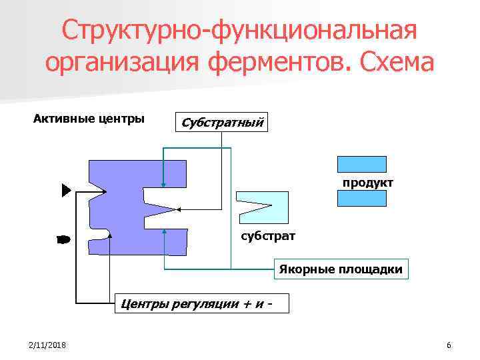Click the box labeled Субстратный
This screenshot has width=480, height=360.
(221, 122)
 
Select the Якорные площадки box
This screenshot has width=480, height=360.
(341, 269)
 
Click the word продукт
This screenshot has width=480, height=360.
(368, 182)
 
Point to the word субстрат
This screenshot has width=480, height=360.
(267, 236)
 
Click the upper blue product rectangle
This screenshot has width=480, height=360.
(362, 164)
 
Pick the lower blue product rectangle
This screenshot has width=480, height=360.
(362, 199)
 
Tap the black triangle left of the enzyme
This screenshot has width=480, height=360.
(65, 191)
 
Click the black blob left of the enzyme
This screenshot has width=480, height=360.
(63, 239)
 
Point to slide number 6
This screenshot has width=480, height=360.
(449, 345)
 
